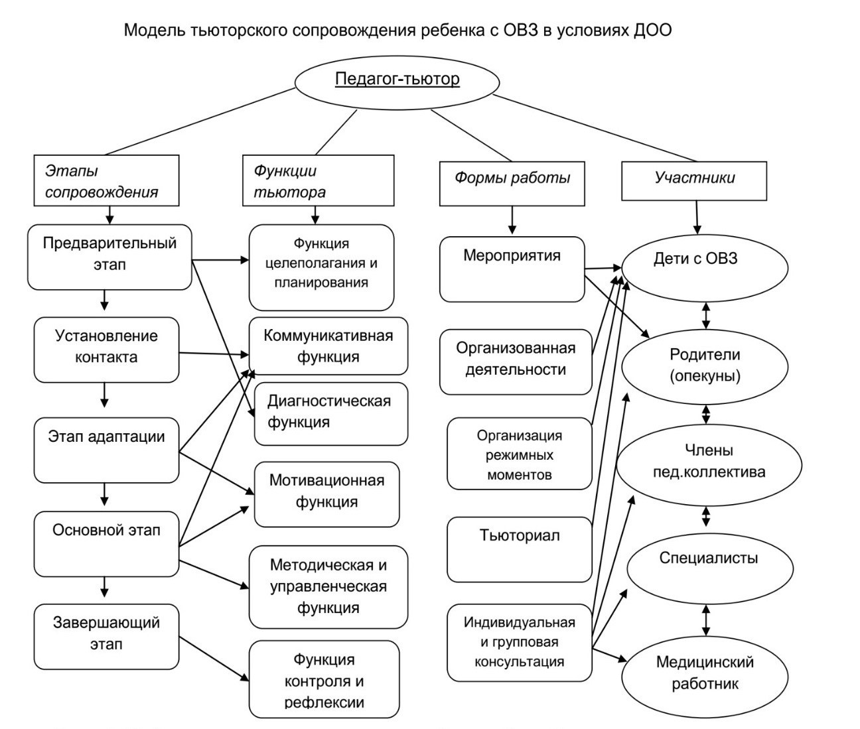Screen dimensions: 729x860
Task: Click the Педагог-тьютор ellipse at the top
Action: [397, 80]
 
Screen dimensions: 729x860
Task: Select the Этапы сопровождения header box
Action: [106, 181]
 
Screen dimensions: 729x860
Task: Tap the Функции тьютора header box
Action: [318, 181]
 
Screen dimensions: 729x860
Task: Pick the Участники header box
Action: [694, 178]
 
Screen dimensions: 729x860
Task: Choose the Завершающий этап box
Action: [106, 636]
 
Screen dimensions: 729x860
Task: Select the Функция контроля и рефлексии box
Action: [324, 679]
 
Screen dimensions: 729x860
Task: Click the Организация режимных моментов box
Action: [519, 454]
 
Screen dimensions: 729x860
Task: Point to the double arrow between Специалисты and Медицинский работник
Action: [706, 621]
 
